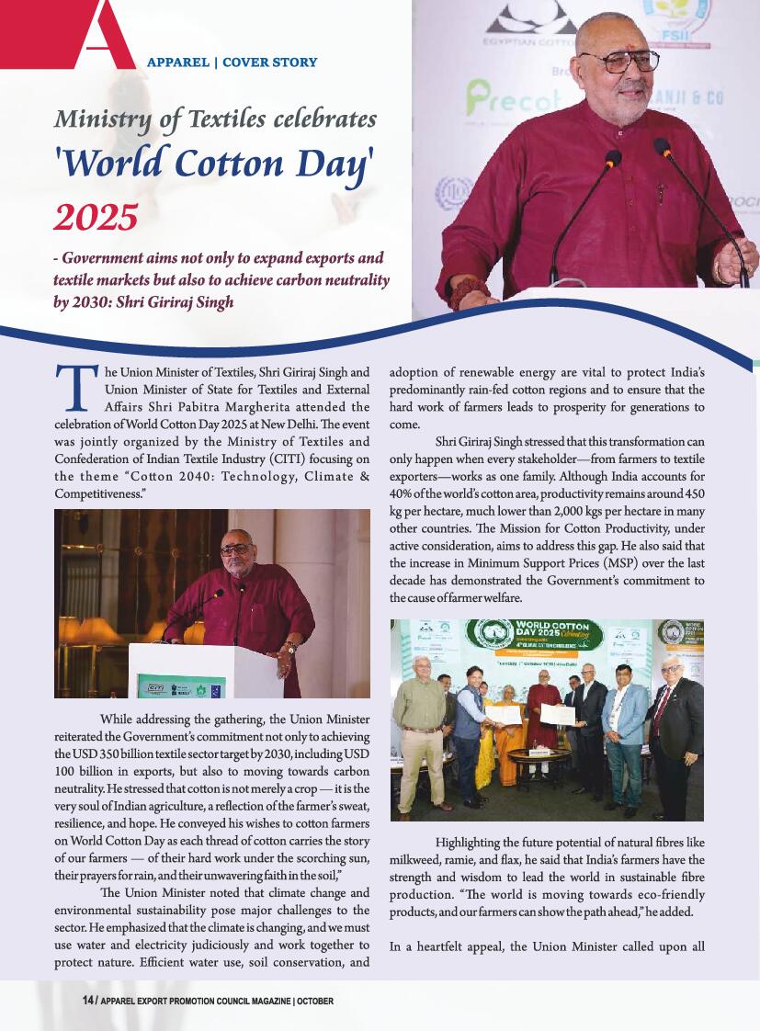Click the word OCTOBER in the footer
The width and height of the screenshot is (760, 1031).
pos(315,1001)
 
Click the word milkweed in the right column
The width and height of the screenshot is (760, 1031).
pos(417,858)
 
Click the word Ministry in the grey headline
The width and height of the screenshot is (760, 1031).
pos(100,119)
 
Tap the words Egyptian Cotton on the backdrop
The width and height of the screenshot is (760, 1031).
pos(528,42)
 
